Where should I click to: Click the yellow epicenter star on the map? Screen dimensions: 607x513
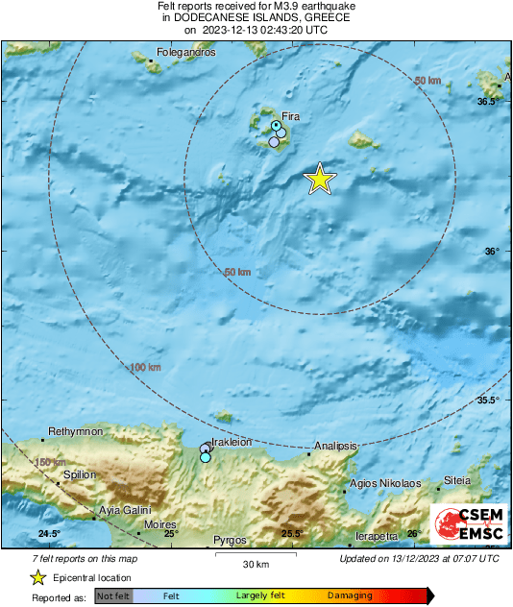click(x=320, y=179)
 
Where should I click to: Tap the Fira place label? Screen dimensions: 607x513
click(x=291, y=116)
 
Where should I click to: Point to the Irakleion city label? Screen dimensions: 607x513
click(x=231, y=442)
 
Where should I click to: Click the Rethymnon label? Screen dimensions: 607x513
click(x=75, y=432)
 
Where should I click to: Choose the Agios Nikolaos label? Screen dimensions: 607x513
click(x=385, y=483)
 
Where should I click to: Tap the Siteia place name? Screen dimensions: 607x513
click(x=457, y=479)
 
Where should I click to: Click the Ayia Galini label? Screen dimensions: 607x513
click(x=124, y=510)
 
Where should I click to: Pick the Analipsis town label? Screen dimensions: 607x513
click(x=336, y=447)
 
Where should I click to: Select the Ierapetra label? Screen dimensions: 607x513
click(x=377, y=535)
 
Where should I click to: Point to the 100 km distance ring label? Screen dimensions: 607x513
click(x=145, y=367)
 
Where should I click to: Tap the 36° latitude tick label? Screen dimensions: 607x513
click(x=492, y=252)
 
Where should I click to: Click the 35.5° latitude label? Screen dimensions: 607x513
click(x=488, y=401)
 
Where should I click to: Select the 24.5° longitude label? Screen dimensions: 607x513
click(x=50, y=534)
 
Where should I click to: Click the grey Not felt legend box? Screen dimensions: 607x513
click(x=113, y=596)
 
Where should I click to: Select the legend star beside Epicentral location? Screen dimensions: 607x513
click(x=37, y=577)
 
